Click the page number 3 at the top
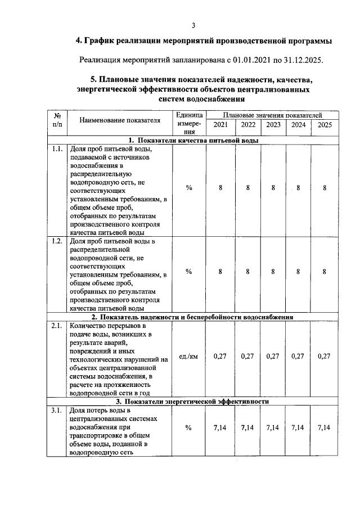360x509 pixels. tap(193, 25)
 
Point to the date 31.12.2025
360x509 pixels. tap(304, 59)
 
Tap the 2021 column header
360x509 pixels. tap(221, 125)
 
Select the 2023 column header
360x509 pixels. tap(273, 125)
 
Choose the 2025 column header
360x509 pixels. tap(325, 125)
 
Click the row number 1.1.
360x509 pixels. tap(56, 150)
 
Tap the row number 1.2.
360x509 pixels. tap(56, 241)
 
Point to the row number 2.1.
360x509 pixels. tap(56, 326)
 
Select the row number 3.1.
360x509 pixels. tap(56, 410)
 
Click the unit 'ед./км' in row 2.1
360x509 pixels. tap(188, 356)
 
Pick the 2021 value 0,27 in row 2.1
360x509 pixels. tap(220, 356)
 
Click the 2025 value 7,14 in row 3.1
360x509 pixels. tap(324, 428)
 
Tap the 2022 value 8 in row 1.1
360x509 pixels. tap(247, 188)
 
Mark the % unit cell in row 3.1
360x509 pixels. tap(188, 428)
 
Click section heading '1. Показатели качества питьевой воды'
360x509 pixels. tap(193, 141)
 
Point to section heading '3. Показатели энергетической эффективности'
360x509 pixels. tap(193, 401)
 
